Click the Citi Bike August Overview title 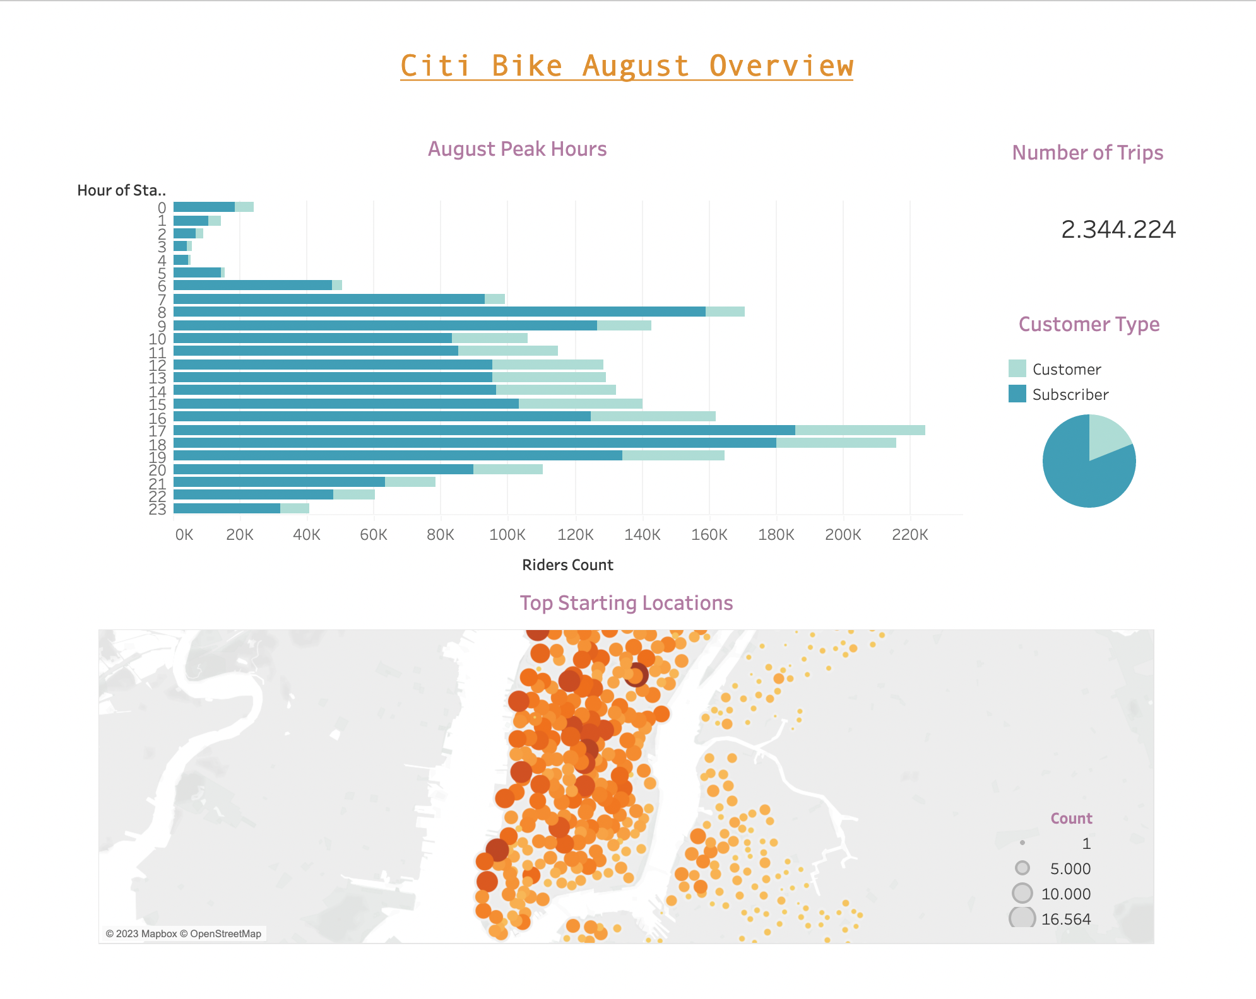click(x=626, y=66)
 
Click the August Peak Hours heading click(x=517, y=149)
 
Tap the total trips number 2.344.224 click(x=1118, y=230)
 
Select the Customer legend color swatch click(x=1017, y=368)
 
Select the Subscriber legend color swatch click(x=1017, y=394)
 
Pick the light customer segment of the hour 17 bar click(x=860, y=430)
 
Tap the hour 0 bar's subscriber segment click(x=204, y=207)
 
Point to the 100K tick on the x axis click(x=507, y=535)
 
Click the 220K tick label click(x=909, y=535)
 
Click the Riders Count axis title click(x=567, y=565)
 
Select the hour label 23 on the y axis click(x=157, y=509)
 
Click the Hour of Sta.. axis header click(x=121, y=190)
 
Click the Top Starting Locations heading click(x=626, y=603)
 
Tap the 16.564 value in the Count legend click(x=1065, y=919)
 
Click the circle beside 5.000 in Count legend click(x=1022, y=868)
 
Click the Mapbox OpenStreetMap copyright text click(x=183, y=933)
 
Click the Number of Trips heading click(x=1087, y=153)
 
